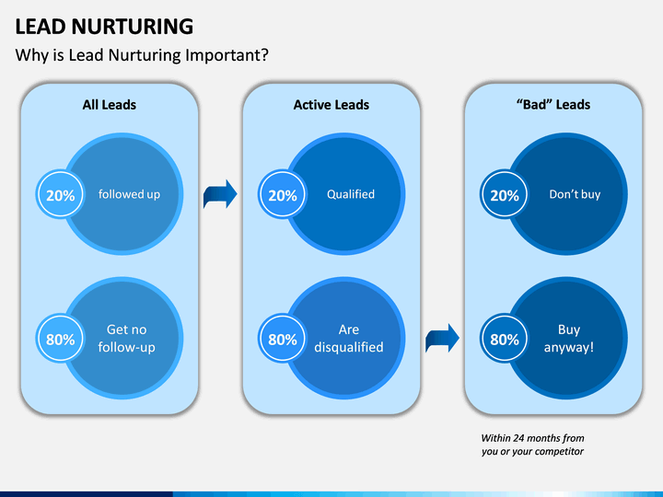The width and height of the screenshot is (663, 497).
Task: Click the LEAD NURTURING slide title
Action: pyautogui.click(x=104, y=27)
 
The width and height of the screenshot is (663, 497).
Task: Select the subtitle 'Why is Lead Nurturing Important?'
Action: pyautogui.click(x=142, y=55)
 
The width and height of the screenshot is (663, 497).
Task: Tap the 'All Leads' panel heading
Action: pyautogui.click(x=109, y=104)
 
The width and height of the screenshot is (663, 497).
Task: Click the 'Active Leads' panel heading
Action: pyautogui.click(x=331, y=104)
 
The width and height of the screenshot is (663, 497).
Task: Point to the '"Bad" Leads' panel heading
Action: pyautogui.click(x=553, y=104)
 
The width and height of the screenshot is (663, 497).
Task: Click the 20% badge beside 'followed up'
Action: pyautogui.click(x=61, y=195)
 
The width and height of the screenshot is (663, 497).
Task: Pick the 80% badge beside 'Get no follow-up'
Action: pyautogui.click(x=61, y=339)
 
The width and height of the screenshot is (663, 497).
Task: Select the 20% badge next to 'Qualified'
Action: pyautogui.click(x=283, y=195)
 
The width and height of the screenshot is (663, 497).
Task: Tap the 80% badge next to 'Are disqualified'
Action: pyautogui.click(x=283, y=339)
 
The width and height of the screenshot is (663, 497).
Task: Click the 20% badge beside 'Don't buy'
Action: pyautogui.click(x=505, y=195)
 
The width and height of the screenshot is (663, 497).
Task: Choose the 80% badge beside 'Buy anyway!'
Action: pyautogui.click(x=505, y=339)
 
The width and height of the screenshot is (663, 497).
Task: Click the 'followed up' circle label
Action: pyautogui.click(x=130, y=194)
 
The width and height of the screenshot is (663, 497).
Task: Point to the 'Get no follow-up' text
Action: pyautogui.click(x=126, y=338)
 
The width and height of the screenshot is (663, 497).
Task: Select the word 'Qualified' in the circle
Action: pyautogui.click(x=351, y=194)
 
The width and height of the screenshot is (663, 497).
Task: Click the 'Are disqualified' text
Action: pyautogui.click(x=349, y=338)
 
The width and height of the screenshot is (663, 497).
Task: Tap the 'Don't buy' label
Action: pyautogui.click(x=575, y=194)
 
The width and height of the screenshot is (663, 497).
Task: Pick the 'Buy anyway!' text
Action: pyautogui.click(x=569, y=338)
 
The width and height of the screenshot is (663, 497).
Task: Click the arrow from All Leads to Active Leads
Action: pyautogui.click(x=220, y=194)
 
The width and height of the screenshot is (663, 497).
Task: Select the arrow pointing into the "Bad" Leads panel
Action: pyautogui.click(x=442, y=338)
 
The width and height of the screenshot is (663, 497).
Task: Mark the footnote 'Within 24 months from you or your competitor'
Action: pyautogui.click(x=532, y=445)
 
